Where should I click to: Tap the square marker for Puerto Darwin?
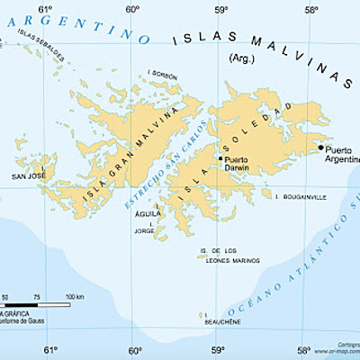[x=220, y=157]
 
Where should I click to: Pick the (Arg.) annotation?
[x=244, y=58]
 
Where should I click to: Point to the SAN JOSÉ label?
[x=28, y=176]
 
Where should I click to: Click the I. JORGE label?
[x=144, y=231]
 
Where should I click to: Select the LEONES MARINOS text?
[x=218, y=258]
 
